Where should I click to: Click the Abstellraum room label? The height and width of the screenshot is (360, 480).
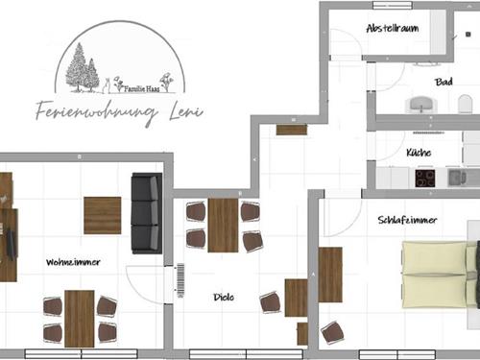[393, 28]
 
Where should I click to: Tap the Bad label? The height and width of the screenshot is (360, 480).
[444, 82]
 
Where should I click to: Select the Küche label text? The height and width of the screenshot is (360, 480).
[419, 153]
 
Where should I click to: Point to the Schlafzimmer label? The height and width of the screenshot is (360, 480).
[407, 220]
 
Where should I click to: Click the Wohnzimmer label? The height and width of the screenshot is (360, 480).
[73, 262]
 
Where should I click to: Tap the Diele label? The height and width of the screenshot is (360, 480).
[224, 298]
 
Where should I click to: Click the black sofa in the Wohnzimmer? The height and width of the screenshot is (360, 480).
[147, 213]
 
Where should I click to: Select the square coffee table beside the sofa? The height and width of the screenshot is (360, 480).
[103, 215]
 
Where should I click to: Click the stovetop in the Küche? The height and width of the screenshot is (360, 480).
[425, 179]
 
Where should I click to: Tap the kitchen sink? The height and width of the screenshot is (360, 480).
[457, 178]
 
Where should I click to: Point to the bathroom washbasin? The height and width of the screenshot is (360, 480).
[421, 105]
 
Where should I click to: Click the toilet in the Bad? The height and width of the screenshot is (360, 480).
[465, 104]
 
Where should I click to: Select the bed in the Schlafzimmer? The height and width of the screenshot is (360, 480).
[441, 276]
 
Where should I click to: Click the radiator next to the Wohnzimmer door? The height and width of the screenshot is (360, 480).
[180, 280]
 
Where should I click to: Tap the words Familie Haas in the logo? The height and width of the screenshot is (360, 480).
[142, 88]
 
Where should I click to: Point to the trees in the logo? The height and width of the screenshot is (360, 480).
[83, 68]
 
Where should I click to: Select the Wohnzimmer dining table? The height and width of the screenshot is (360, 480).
[80, 319]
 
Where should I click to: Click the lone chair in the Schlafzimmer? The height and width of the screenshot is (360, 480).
[332, 333]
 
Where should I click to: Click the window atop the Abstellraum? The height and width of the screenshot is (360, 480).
[393, 5]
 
